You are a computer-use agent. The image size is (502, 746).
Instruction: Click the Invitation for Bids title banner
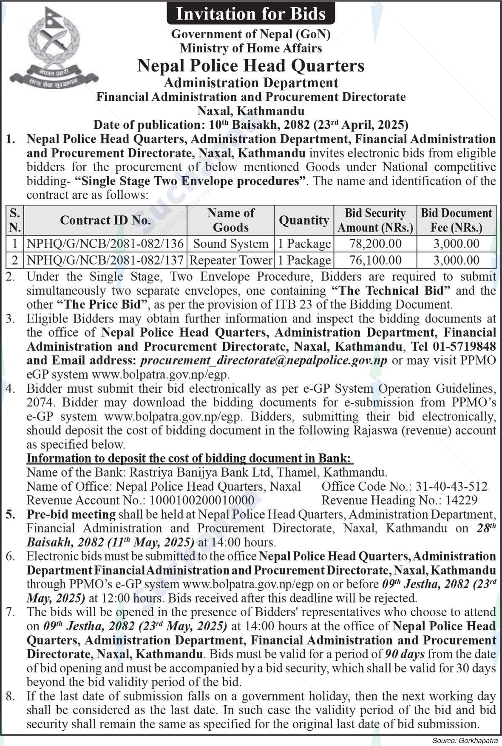tap(250, 14)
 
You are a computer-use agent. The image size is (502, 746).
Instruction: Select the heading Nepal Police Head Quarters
tap(251, 66)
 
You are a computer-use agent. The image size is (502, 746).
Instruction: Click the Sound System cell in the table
tap(231, 244)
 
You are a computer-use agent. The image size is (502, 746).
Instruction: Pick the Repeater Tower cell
tap(231, 260)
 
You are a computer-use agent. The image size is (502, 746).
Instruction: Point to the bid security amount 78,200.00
tap(375, 244)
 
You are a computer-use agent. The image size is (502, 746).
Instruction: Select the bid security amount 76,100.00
tap(375, 260)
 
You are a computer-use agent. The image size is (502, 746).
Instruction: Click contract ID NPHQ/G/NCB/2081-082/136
tap(105, 244)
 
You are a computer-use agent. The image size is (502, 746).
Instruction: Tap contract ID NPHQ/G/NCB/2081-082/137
tap(105, 260)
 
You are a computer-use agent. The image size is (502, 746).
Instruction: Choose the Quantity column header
tap(304, 220)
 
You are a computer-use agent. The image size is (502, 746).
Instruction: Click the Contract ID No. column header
tap(105, 220)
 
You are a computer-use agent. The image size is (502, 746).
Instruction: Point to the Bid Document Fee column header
tap(456, 220)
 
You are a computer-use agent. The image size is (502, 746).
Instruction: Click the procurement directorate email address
tap(264, 360)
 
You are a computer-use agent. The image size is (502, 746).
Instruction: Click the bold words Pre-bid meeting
tap(71, 514)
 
